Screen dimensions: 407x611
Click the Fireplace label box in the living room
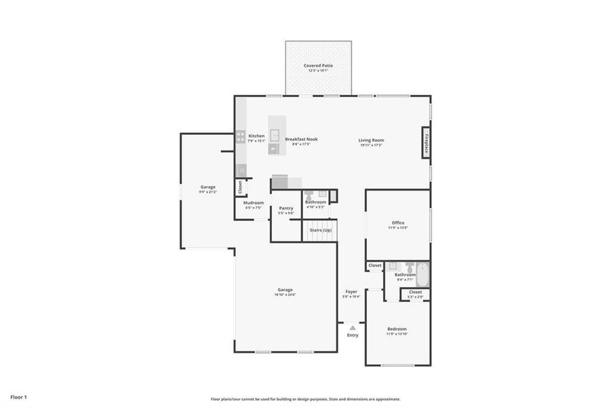click(x=426, y=143)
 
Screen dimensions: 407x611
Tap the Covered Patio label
click(x=318, y=66)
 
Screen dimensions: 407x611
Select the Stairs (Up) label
click(x=321, y=231)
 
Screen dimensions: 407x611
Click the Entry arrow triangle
click(x=353, y=328)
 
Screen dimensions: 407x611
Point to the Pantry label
click(x=286, y=208)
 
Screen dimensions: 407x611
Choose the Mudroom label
click(x=253, y=202)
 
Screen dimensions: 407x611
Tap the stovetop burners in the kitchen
click(x=240, y=136)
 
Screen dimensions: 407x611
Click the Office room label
click(x=398, y=222)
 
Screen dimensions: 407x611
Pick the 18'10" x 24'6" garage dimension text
click(x=285, y=294)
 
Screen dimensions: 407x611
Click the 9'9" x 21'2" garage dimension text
click(x=208, y=192)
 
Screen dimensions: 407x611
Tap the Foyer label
click(x=351, y=292)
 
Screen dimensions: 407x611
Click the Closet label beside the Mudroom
click(x=240, y=186)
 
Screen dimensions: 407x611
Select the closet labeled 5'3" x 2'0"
click(x=415, y=294)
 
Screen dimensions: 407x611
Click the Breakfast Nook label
click(x=301, y=139)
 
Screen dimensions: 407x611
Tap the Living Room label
click(x=371, y=140)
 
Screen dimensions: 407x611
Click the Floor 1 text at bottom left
click(x=18, y=396)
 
